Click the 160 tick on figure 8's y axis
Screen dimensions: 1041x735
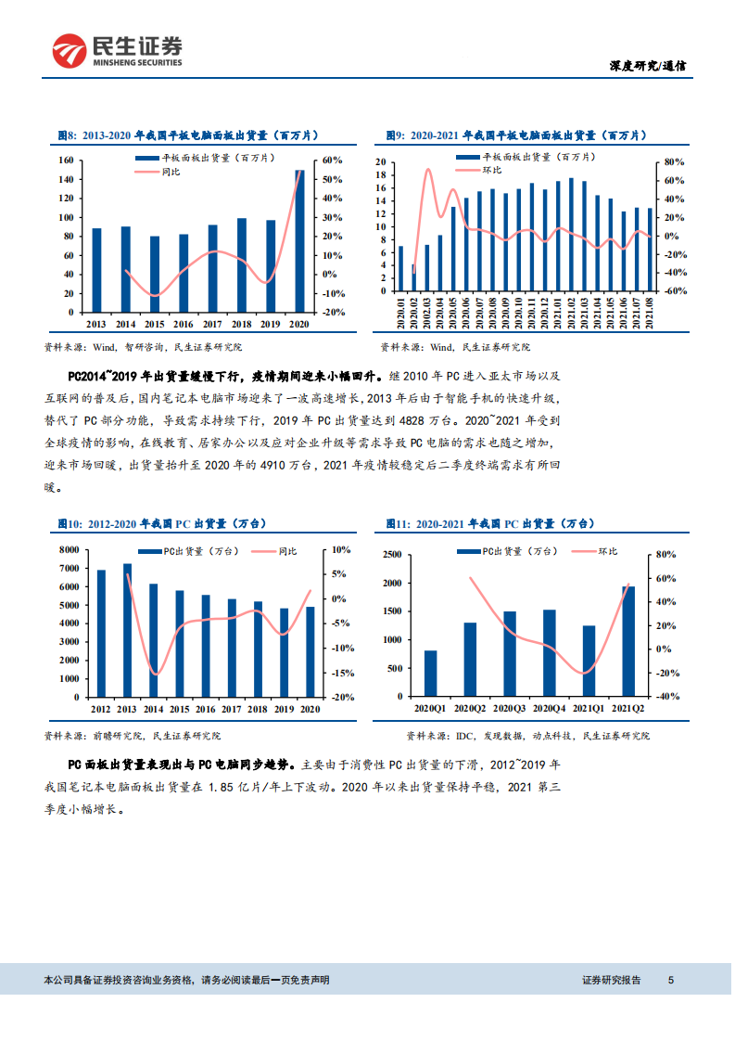[67, 160]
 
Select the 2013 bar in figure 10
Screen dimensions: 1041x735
[127, 630]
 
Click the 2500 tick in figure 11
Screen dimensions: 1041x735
[391, 555]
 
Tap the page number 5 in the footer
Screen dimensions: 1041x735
[671, 980]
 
